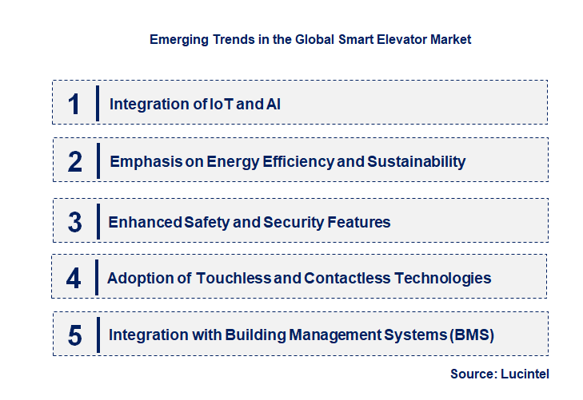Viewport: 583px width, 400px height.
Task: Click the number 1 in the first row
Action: pos(74,104)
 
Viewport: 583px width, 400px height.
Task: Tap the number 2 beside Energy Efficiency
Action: pos(74,162)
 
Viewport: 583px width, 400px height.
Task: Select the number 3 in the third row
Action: pos(74,222)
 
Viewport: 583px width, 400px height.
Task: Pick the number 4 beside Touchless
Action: pos(74,279)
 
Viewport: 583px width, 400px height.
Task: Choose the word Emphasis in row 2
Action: pos(141,162)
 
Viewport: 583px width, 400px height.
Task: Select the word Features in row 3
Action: pos(360,222)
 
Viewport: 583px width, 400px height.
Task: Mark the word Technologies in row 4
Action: pos(444,279)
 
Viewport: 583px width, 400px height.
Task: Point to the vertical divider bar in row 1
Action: pos(97,103)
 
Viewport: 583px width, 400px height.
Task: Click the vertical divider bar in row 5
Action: pos(97,335)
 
